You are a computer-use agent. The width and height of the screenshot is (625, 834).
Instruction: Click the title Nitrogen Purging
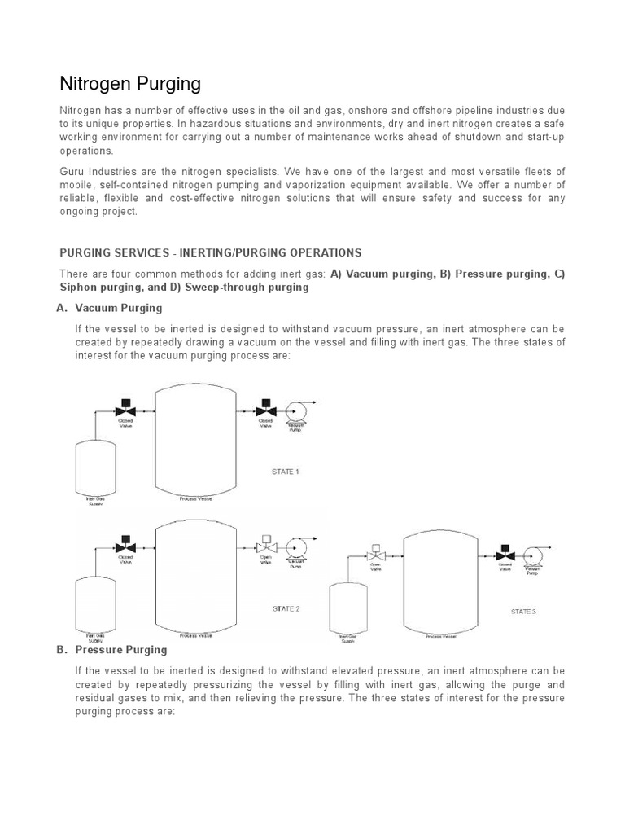130,84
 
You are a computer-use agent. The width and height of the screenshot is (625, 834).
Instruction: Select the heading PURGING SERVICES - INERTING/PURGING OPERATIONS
211,252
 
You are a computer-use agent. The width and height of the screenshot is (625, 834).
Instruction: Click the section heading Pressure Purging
121,650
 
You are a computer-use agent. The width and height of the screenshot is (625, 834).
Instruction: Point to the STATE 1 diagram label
286,472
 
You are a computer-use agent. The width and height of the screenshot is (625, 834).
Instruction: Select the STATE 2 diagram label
286,608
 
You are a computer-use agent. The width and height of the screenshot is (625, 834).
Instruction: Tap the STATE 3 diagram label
523,611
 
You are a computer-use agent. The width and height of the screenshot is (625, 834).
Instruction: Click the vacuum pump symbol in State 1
294,411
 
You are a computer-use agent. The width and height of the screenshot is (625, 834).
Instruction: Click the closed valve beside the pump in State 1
264,411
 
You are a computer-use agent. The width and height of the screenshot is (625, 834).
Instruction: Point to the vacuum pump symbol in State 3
533,556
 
